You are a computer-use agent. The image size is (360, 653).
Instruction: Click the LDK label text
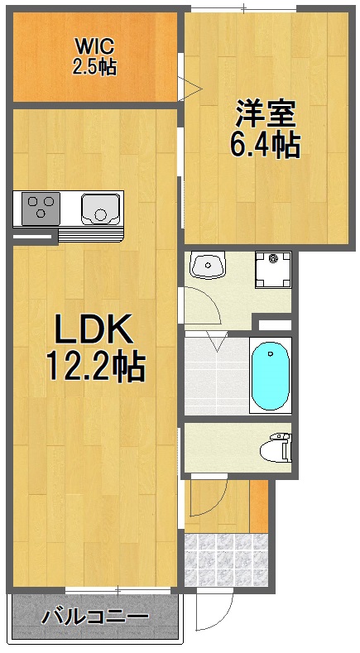pos(94,331)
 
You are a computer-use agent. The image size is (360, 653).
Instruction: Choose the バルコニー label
pos(95,617)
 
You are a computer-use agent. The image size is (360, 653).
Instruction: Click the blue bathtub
pos(270,377)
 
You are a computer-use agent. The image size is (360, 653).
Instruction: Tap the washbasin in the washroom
pos(207,266)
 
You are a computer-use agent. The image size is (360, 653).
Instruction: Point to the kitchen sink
pos(101,208)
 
